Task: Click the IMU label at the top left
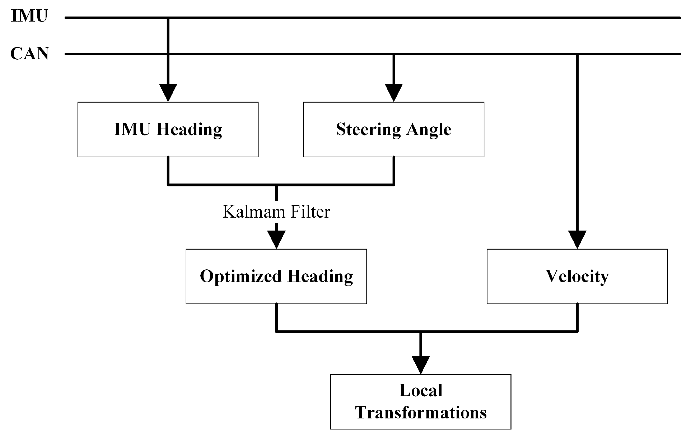point(29,17)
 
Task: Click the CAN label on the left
point(29,54)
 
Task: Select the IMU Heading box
point(168,129)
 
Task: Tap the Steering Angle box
point(394,129)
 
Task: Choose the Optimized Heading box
point(276,276)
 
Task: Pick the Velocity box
point(577,276)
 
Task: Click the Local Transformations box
point(421,402)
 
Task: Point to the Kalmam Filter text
point(276,212)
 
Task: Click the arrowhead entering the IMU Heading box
point(168,93)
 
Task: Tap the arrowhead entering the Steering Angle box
point(394,93)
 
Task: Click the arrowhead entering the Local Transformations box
point(421,365)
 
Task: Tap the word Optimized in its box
point(241,277)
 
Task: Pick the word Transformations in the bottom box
point(421,413)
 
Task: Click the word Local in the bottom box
point(421,390)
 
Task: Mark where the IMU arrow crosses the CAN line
point(168,54)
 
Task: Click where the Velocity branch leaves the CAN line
point(577,54)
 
